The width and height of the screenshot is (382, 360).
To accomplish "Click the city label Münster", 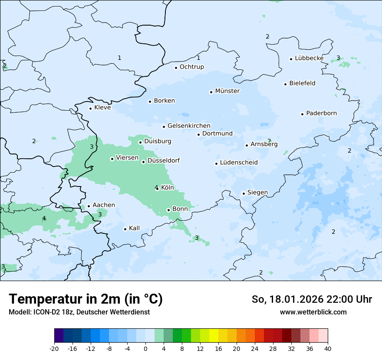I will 227,91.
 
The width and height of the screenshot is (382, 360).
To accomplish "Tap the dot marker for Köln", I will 157,189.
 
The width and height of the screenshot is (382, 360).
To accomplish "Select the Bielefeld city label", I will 303,83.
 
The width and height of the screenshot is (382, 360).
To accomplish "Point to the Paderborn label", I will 322,113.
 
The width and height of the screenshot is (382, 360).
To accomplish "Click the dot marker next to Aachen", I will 89,206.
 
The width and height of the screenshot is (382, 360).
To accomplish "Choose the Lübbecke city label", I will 309,58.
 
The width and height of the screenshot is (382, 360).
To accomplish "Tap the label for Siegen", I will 257,193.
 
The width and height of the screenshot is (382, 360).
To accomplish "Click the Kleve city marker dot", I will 90,108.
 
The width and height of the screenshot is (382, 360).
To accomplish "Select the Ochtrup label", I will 192,67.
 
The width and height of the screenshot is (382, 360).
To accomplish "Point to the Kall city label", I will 135,228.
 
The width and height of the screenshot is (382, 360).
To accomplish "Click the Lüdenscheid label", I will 239,163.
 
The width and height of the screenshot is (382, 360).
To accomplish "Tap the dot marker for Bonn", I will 168,210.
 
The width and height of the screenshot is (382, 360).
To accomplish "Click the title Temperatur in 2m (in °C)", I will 86,299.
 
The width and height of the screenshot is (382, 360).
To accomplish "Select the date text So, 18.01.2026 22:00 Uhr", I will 312,299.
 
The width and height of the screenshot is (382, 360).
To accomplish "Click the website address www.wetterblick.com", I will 313,312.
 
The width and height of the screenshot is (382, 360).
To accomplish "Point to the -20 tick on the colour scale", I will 54,348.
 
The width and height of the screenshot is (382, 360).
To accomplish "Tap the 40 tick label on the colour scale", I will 328,348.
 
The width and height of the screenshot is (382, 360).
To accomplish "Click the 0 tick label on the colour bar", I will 145,348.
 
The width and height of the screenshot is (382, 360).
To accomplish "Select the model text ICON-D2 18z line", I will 79,312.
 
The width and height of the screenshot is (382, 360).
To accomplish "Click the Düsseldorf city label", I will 164,160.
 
